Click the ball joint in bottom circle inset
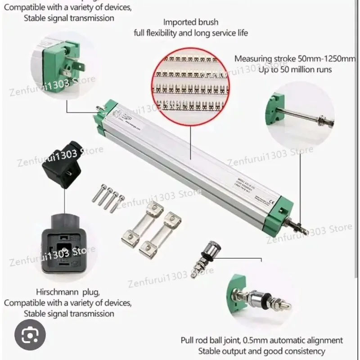click(265, 297)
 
